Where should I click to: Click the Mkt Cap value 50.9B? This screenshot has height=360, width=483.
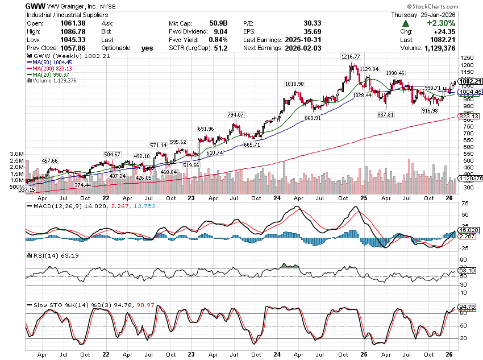[218, 23]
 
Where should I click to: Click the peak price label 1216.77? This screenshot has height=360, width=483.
[351, 57]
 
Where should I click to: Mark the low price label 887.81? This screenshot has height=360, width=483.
[385, 114]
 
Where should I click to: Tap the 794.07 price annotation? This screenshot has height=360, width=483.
[235, 115]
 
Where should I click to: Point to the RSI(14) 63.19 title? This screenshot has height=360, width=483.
[48, 256]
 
